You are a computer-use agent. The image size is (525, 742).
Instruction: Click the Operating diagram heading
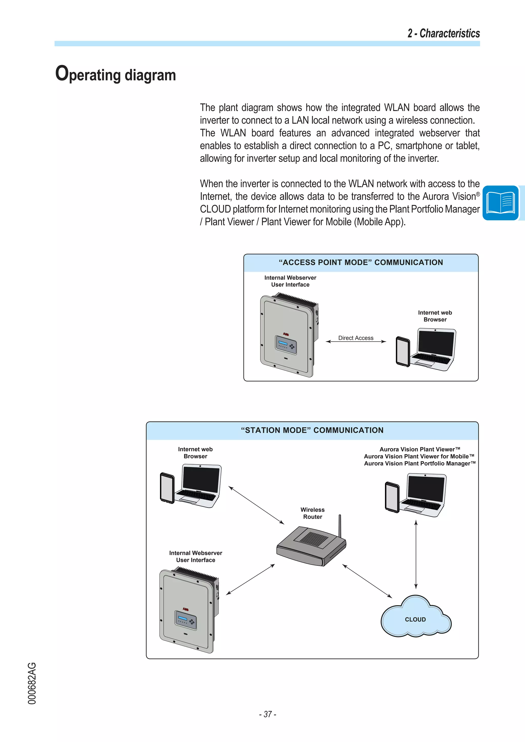115,74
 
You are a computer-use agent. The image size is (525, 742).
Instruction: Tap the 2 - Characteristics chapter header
443,33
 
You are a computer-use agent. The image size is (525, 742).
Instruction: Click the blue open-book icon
500,203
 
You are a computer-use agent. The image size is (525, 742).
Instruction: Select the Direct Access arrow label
356,338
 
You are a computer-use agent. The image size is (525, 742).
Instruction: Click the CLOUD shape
415,619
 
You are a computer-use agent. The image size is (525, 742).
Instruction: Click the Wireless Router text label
312,513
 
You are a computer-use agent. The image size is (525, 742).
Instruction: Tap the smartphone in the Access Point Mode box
403,352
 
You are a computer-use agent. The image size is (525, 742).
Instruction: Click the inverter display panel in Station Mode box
185,619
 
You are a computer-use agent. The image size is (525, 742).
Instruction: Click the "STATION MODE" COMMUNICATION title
312,430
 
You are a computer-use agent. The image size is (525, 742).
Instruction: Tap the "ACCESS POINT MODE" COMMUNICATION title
361,262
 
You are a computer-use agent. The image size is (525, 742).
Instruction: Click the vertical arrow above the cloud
416,554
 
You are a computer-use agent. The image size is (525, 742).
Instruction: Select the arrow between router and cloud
367,581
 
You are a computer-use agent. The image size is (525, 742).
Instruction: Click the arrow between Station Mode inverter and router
250,580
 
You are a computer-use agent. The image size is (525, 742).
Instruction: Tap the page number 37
267,714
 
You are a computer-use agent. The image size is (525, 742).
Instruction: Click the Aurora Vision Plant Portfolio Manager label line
420,463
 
